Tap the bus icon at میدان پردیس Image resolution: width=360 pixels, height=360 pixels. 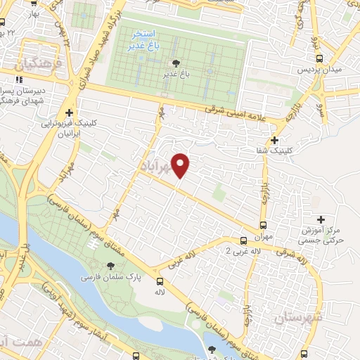pyautogui.click(x=320, y=59)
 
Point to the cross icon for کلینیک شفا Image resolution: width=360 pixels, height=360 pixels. pyautogui.click(x=283, y=140)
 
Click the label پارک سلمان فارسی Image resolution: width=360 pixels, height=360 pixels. pyautogui.click(x=111, y=278)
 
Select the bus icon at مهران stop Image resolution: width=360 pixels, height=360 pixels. pyautogui.click(x=263, y=226)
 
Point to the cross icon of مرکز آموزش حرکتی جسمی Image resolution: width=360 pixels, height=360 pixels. pyautogui.click(x=321, y=220)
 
